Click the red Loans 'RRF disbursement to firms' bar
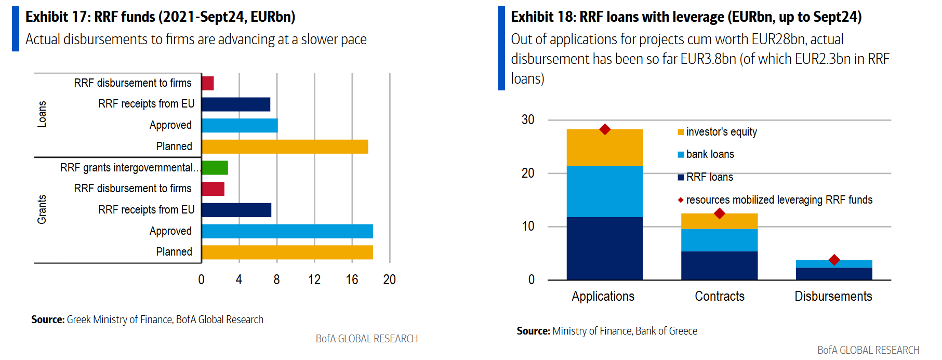pos(207,83)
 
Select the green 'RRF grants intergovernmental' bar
pos(215,168)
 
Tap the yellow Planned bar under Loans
pos(285,146)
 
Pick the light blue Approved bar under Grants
pos(287,231)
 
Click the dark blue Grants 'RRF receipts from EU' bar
pos(236,210)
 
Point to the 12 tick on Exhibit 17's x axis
pos(314,280)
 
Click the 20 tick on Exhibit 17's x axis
pos(389,280)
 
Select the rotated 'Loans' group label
pos(42,114)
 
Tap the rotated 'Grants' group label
pos(42,209)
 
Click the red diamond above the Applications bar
pos(605,129)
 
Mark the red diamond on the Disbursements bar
pos(834,260)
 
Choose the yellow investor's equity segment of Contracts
pos(719,222)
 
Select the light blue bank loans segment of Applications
pos(605,191)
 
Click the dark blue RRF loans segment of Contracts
pos(719,265)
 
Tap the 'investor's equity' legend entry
pos(721,132)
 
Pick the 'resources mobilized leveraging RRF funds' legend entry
pos(779,200)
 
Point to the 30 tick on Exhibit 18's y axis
pos(528,120)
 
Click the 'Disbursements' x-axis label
pos(833,296)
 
